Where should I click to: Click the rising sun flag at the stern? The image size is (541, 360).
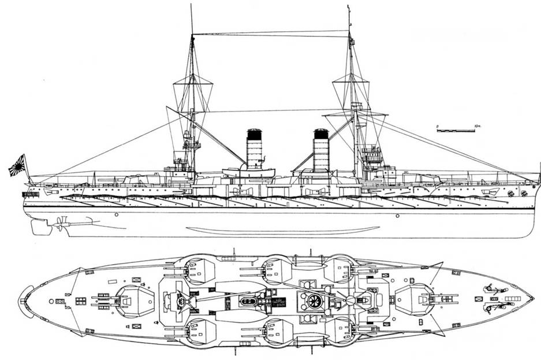[17, 166]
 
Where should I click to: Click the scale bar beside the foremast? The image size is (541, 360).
[456, 131]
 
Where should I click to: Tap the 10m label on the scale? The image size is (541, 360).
[477, 125]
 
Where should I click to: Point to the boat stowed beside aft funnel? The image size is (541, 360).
[249, 172]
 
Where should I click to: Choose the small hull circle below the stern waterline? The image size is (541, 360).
[116, 214]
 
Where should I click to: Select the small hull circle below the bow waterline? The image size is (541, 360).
[397, 216]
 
